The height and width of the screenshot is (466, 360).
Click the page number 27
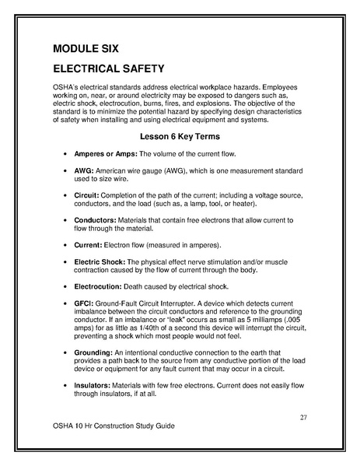click(303, 417)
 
